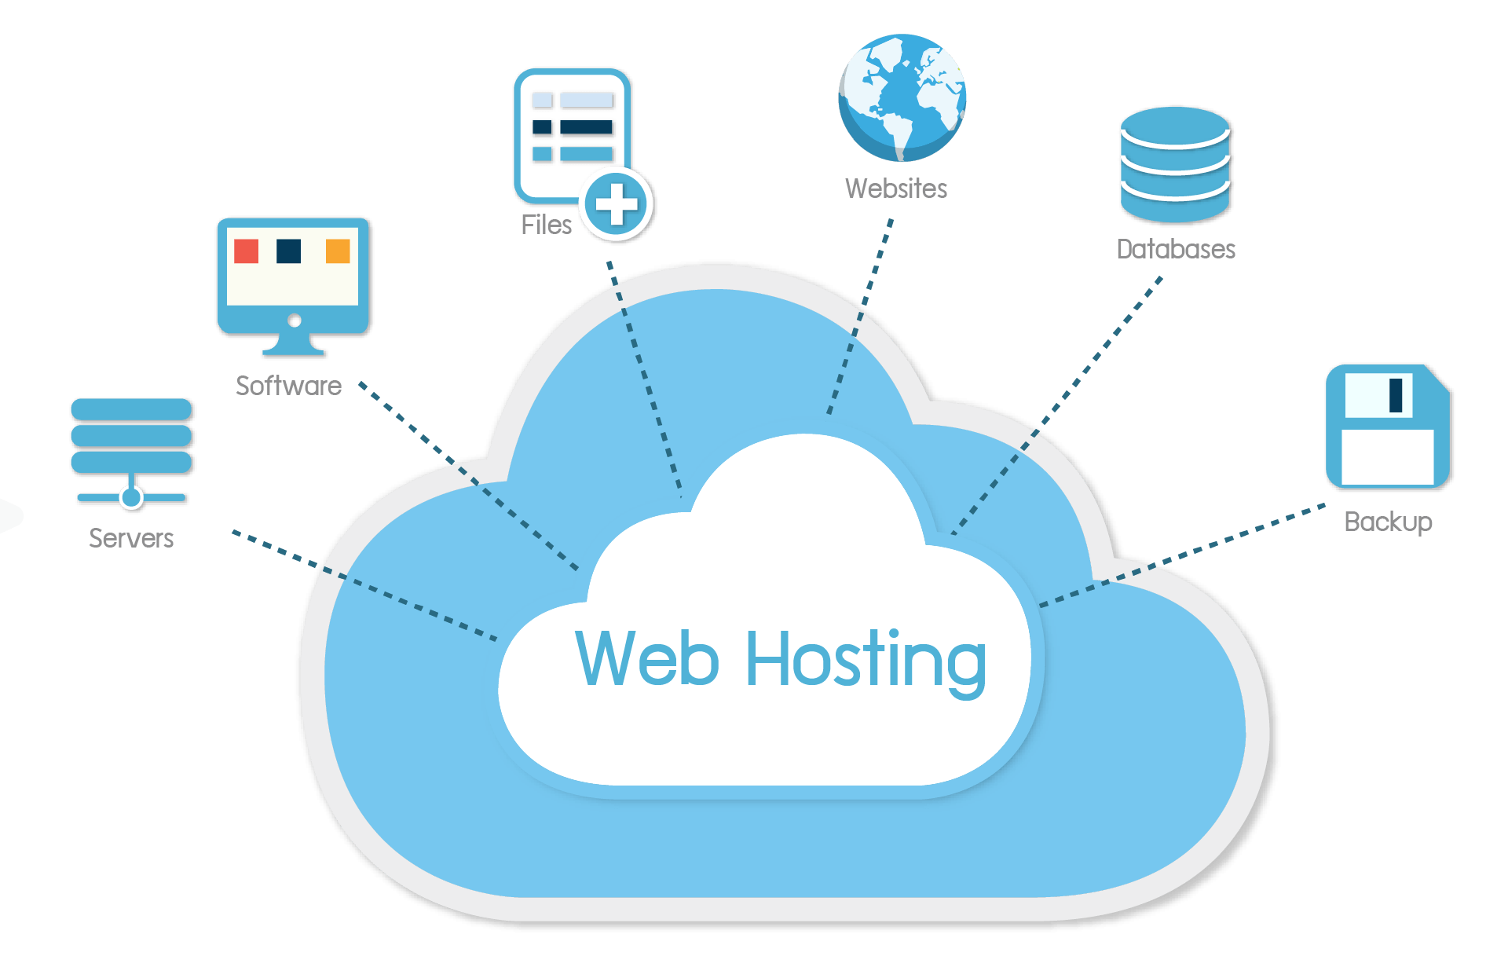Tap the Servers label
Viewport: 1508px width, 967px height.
[x=131, y=539]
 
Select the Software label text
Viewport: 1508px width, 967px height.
[x=288, y=386]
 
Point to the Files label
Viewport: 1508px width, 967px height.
[x=546, y=225]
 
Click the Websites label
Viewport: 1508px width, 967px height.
[x=896, y=189]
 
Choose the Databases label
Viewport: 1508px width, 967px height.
[x=1176, y=249]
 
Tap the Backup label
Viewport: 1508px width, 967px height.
[x=1388, y=522]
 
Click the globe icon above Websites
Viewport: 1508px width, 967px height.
[x=902, y=97]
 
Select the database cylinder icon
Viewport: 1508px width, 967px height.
[x=1176, y=165]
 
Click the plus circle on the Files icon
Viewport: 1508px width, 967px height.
[x=617, y=204]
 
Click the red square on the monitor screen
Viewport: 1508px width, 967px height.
[x=247, y=251]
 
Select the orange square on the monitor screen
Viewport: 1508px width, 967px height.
[x=338, y=251]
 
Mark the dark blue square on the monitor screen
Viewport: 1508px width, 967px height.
[x=289, y=251]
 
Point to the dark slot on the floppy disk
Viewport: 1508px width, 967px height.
[x=1396, y=395]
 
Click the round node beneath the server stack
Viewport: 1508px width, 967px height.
[x=132, y=497]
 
